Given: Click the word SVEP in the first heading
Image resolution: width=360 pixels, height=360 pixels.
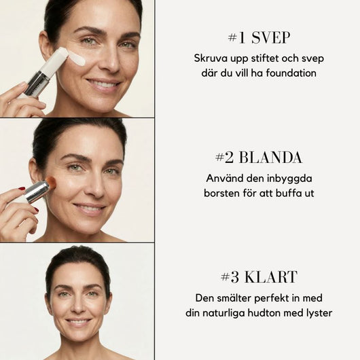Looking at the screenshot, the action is [x=271, y=38].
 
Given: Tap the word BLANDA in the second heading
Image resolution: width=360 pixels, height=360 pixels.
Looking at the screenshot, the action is [x=270, y=158].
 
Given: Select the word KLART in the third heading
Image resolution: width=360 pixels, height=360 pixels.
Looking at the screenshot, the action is [x=271, y=277].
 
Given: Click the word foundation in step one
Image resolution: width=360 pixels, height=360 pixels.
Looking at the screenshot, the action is [x=291, y=73].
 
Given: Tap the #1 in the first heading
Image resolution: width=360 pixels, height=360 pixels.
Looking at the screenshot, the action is [x=236, y=38].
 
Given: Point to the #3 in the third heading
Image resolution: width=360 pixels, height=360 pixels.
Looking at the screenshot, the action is [x=230, y=277].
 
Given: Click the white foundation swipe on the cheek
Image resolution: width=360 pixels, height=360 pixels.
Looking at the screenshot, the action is [x=77, y=58].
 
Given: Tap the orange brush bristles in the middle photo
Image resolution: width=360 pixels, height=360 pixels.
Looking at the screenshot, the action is [x=51, y=183].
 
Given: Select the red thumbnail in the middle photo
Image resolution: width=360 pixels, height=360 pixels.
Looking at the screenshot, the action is [x=22, y=189].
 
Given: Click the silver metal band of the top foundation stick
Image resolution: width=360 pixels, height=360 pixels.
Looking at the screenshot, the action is [x=37, y=84].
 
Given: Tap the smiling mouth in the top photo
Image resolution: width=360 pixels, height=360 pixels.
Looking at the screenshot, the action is [x=103, y=84].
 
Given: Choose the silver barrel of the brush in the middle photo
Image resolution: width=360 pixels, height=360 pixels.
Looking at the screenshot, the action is [x=37, y=192].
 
